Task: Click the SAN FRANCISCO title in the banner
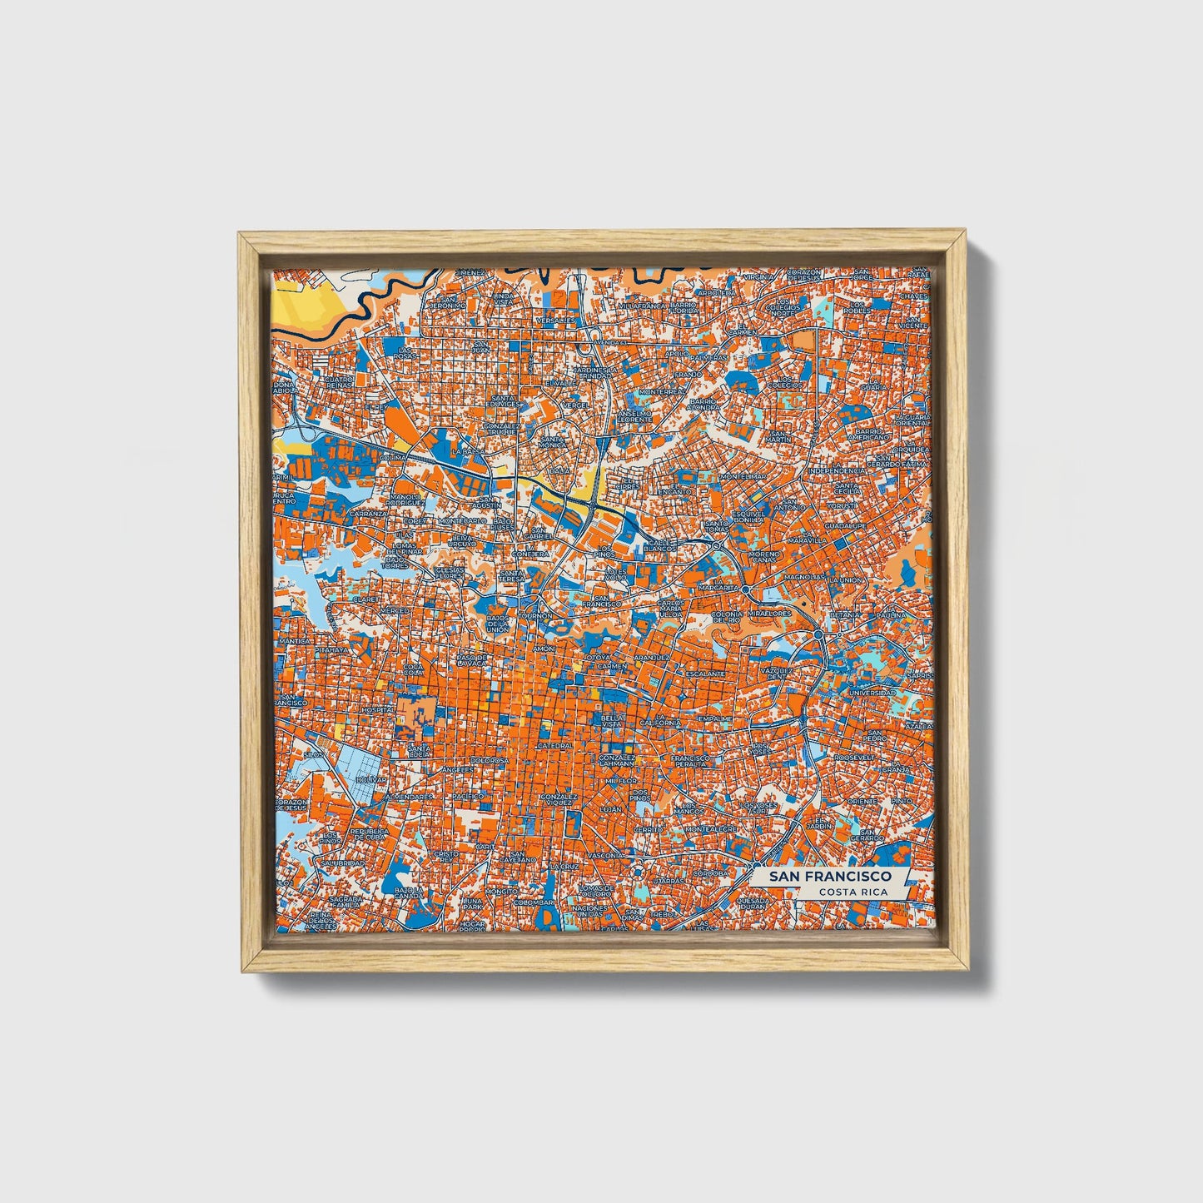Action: click(x=830, y=877)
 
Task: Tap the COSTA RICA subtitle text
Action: click(x=852, y=892)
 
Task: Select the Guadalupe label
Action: click(x=845, y=526)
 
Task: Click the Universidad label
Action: click(x=872, y=692)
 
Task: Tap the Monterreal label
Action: click(x=662, y=390)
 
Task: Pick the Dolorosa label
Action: click(x=489, y=760)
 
